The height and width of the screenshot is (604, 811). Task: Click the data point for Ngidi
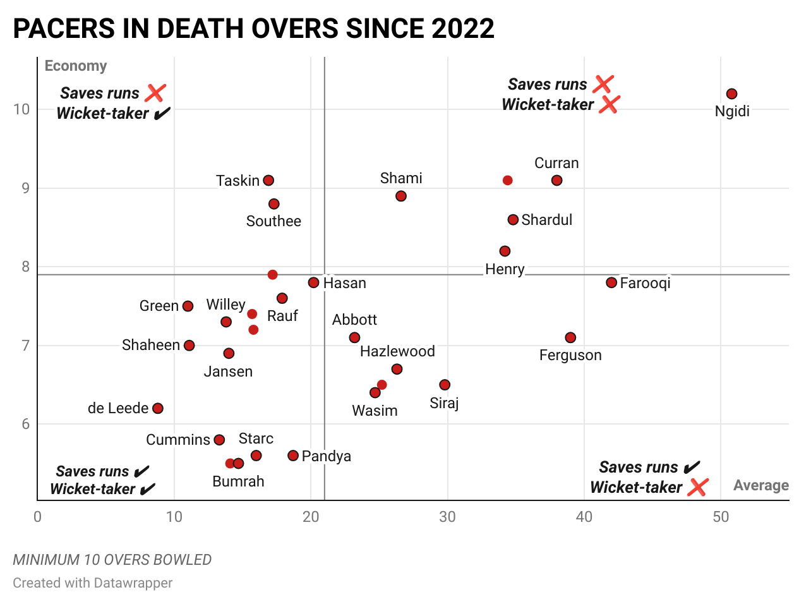tap(731, 94)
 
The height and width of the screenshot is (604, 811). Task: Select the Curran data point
tap(556, 181)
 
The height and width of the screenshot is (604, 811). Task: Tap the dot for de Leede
tap(158, 409)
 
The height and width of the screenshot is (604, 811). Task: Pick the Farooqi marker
tap(611, 282)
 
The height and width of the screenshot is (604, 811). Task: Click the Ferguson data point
tap(570, 338)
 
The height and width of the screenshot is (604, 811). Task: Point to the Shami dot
tap(401, 196)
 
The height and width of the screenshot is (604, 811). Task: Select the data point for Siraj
tap(445, 385)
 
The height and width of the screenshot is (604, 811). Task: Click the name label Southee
tap(273, 221)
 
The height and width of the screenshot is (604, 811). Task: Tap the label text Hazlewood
tap(397, 351)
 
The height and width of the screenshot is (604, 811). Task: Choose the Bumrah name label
tap(238, 481)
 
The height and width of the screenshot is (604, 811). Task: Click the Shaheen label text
tap(151, 345)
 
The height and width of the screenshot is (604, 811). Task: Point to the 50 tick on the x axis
tap(721, 517)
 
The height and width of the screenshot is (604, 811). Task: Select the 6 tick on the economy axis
tap(26, 424)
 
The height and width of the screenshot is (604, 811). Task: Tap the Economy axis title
tap(76, 66)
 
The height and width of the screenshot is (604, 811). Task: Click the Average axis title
tap(760, 485)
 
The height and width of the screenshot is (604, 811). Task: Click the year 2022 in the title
tap(463, 29)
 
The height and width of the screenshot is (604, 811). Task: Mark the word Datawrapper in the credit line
tap(133, 583)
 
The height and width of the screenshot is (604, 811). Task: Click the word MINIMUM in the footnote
tap(42, 560)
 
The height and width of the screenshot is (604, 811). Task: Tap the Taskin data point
tap(268, 181)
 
